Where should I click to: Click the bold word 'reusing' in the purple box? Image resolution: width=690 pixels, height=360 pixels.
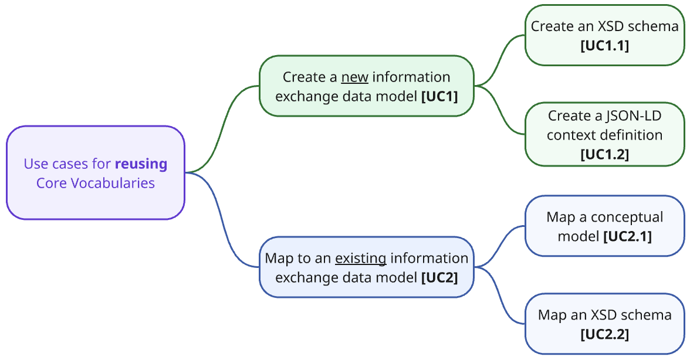click(x=141, y=164)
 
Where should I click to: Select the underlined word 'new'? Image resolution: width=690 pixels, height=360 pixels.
click(x=354, y=77)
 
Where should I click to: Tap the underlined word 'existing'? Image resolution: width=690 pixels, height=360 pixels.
click(x=360, y=259)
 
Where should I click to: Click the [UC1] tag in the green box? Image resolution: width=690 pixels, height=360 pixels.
click(x=439, y=96)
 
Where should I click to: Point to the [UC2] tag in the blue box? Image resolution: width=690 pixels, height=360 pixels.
click(x=439, y=277)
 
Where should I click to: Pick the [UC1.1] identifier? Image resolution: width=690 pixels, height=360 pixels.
click(x=604, y=46)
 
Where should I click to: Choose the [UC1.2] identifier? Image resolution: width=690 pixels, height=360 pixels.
click(x=604, y=154)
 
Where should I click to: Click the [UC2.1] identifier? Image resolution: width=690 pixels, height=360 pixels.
click(x=627, y=236)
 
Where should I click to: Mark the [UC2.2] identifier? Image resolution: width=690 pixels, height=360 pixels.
click(x=604, y=334)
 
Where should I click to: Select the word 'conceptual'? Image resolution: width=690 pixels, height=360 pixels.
click(x=627, y=218)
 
